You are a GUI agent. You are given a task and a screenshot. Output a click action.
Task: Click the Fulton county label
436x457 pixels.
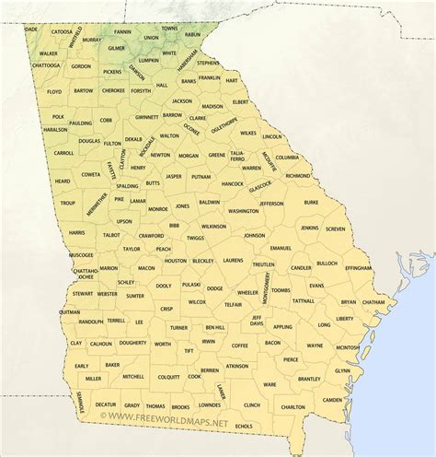(x=112, y=144)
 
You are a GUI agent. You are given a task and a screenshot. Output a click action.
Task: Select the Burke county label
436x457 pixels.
(x=311, y=202)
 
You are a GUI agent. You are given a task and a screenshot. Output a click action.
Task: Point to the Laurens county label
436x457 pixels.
(x=233, y=261)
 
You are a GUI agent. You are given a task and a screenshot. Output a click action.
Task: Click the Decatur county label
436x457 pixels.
(x=105, y=404)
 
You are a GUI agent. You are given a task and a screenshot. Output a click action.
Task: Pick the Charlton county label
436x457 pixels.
(x=293, y=406)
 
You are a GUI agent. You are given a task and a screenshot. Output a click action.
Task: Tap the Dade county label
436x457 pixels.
(x=31, y=29)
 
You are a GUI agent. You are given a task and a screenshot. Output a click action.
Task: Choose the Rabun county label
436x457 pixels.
(x=191, y=35)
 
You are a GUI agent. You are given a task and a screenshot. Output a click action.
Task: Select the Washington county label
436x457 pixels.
(x=244, y=211)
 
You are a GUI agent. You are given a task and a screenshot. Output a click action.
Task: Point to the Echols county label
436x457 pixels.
(x=244, y=426)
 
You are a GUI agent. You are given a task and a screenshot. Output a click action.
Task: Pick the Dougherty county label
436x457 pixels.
(x=132, y=343)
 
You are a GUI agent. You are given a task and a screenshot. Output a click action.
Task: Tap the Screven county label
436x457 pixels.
(x=336, y=228)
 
